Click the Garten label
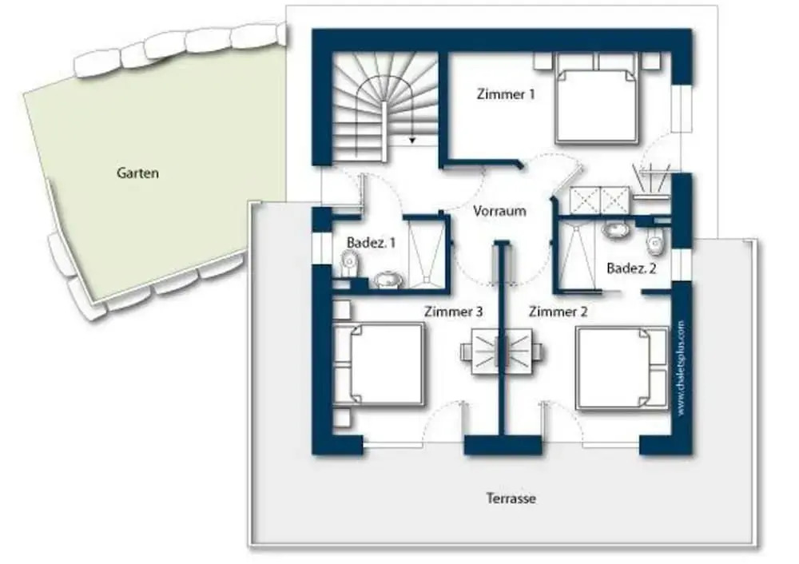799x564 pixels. [x=137, y=173]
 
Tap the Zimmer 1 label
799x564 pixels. [x=506, y=94]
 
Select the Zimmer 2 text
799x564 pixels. [x=558, y=312]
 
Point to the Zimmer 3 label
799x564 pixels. [x=454, y=312]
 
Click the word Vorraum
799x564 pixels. [x=499, y=211]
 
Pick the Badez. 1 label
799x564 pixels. [x=371, y=243]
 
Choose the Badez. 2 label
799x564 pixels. [x=631, y=268]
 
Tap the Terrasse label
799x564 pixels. [x=511, y=498]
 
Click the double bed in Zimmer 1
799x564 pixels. [x=596, y=98]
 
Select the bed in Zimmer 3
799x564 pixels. [x=379, y=364]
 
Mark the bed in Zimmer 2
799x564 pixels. [x=622, y=368]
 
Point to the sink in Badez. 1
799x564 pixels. [x=388, y=280]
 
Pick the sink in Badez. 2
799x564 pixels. [x=616, y=228]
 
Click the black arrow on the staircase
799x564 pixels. [x=412, y=140]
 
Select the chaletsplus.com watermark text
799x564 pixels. [x=682, y=367]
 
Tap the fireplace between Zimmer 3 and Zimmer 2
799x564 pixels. [x=502, y=352]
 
